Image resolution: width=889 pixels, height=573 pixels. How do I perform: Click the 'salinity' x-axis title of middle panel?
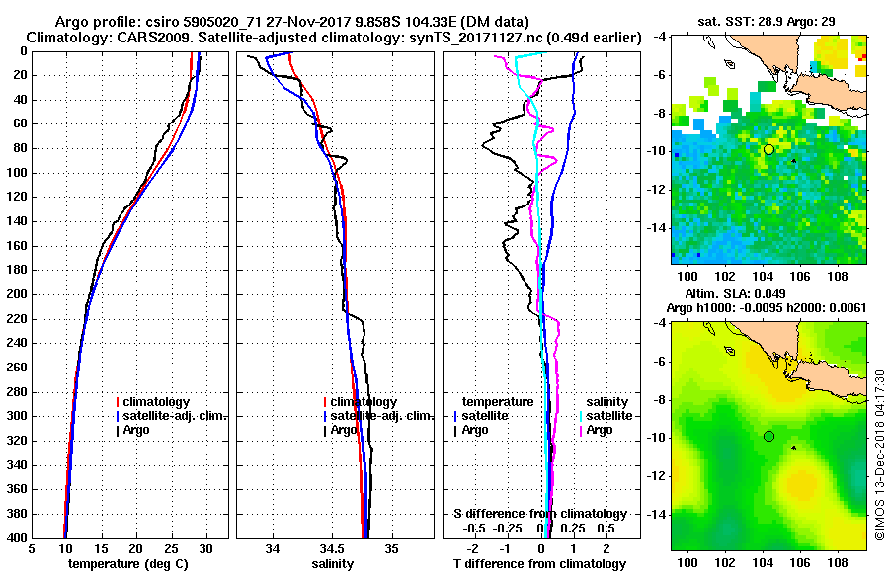333,564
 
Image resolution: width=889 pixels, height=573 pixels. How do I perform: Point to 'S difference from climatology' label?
539,514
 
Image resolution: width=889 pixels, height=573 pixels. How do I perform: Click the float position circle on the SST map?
768,149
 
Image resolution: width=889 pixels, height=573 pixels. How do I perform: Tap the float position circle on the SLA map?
768,436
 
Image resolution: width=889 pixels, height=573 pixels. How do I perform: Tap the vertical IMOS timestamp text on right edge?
878,455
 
